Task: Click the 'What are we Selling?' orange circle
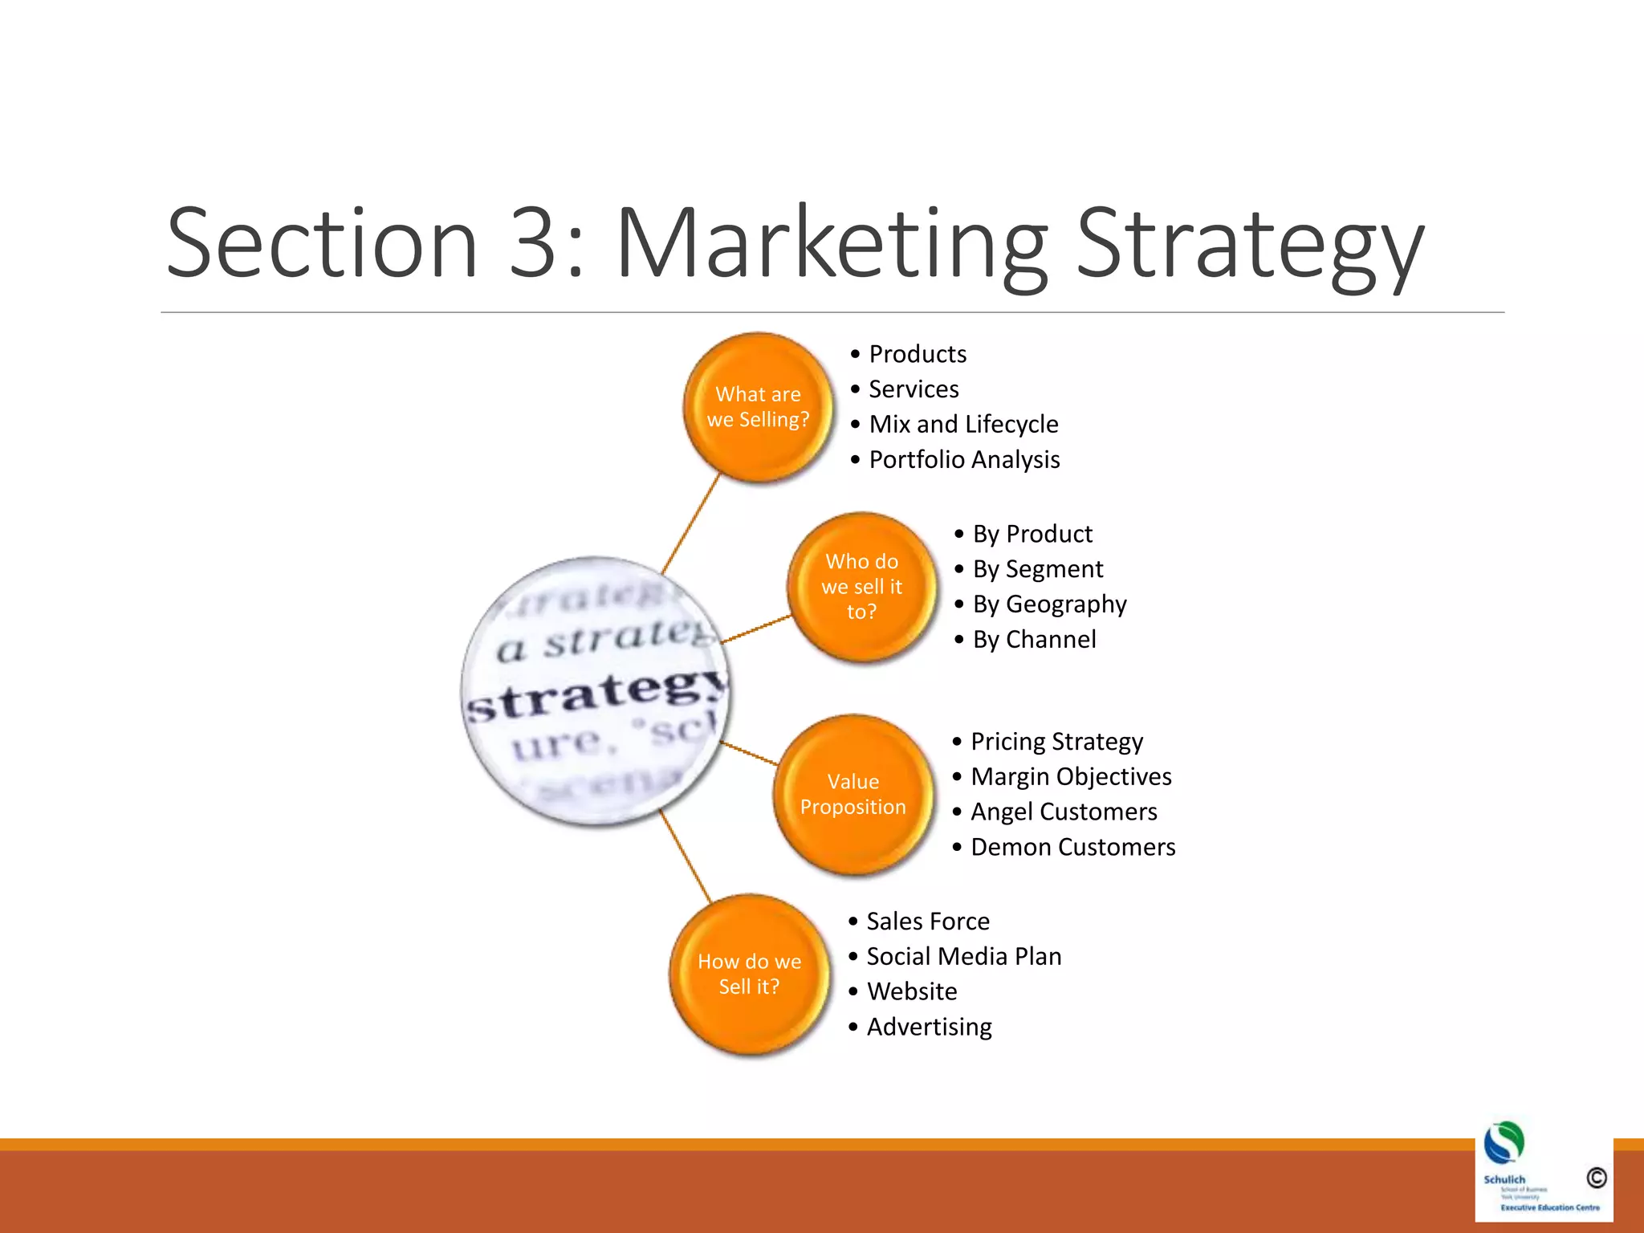(758, 407)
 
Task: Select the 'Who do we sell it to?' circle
(861, 587)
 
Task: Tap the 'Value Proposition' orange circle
(853, 794)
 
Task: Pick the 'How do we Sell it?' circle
(749, 974)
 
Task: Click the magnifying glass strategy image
(596, 690)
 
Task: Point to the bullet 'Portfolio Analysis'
(964, 460)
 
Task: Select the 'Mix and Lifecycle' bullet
(963, 425)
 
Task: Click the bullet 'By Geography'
(1049, 604)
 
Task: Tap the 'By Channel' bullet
(1034, 640)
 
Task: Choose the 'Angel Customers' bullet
(1064, 812)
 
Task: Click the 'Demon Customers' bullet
(1072, 848)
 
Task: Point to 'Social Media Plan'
(963, 957)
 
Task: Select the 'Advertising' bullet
(929, 1027)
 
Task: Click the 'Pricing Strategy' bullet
(1056, 742)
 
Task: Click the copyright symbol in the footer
(1596, 1178)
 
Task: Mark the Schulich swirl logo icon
(1504, 1143)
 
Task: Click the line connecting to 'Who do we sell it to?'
(756, 629)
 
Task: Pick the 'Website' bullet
(912, 992)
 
